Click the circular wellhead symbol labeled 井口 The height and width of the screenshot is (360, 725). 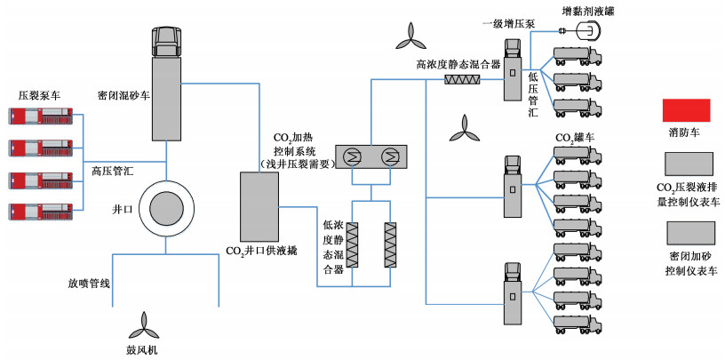167,210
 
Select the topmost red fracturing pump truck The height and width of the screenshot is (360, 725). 44,116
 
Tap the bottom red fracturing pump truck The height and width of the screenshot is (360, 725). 44,211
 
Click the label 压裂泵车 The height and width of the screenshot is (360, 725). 38,93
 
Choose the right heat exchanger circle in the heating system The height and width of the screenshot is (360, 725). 389,157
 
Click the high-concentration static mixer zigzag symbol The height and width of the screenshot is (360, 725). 463,79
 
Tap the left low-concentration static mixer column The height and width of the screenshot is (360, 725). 351,241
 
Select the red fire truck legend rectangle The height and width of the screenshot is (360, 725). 689,112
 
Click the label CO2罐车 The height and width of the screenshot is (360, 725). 575,139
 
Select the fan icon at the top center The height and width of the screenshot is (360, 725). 410,36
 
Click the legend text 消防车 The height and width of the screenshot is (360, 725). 689,135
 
